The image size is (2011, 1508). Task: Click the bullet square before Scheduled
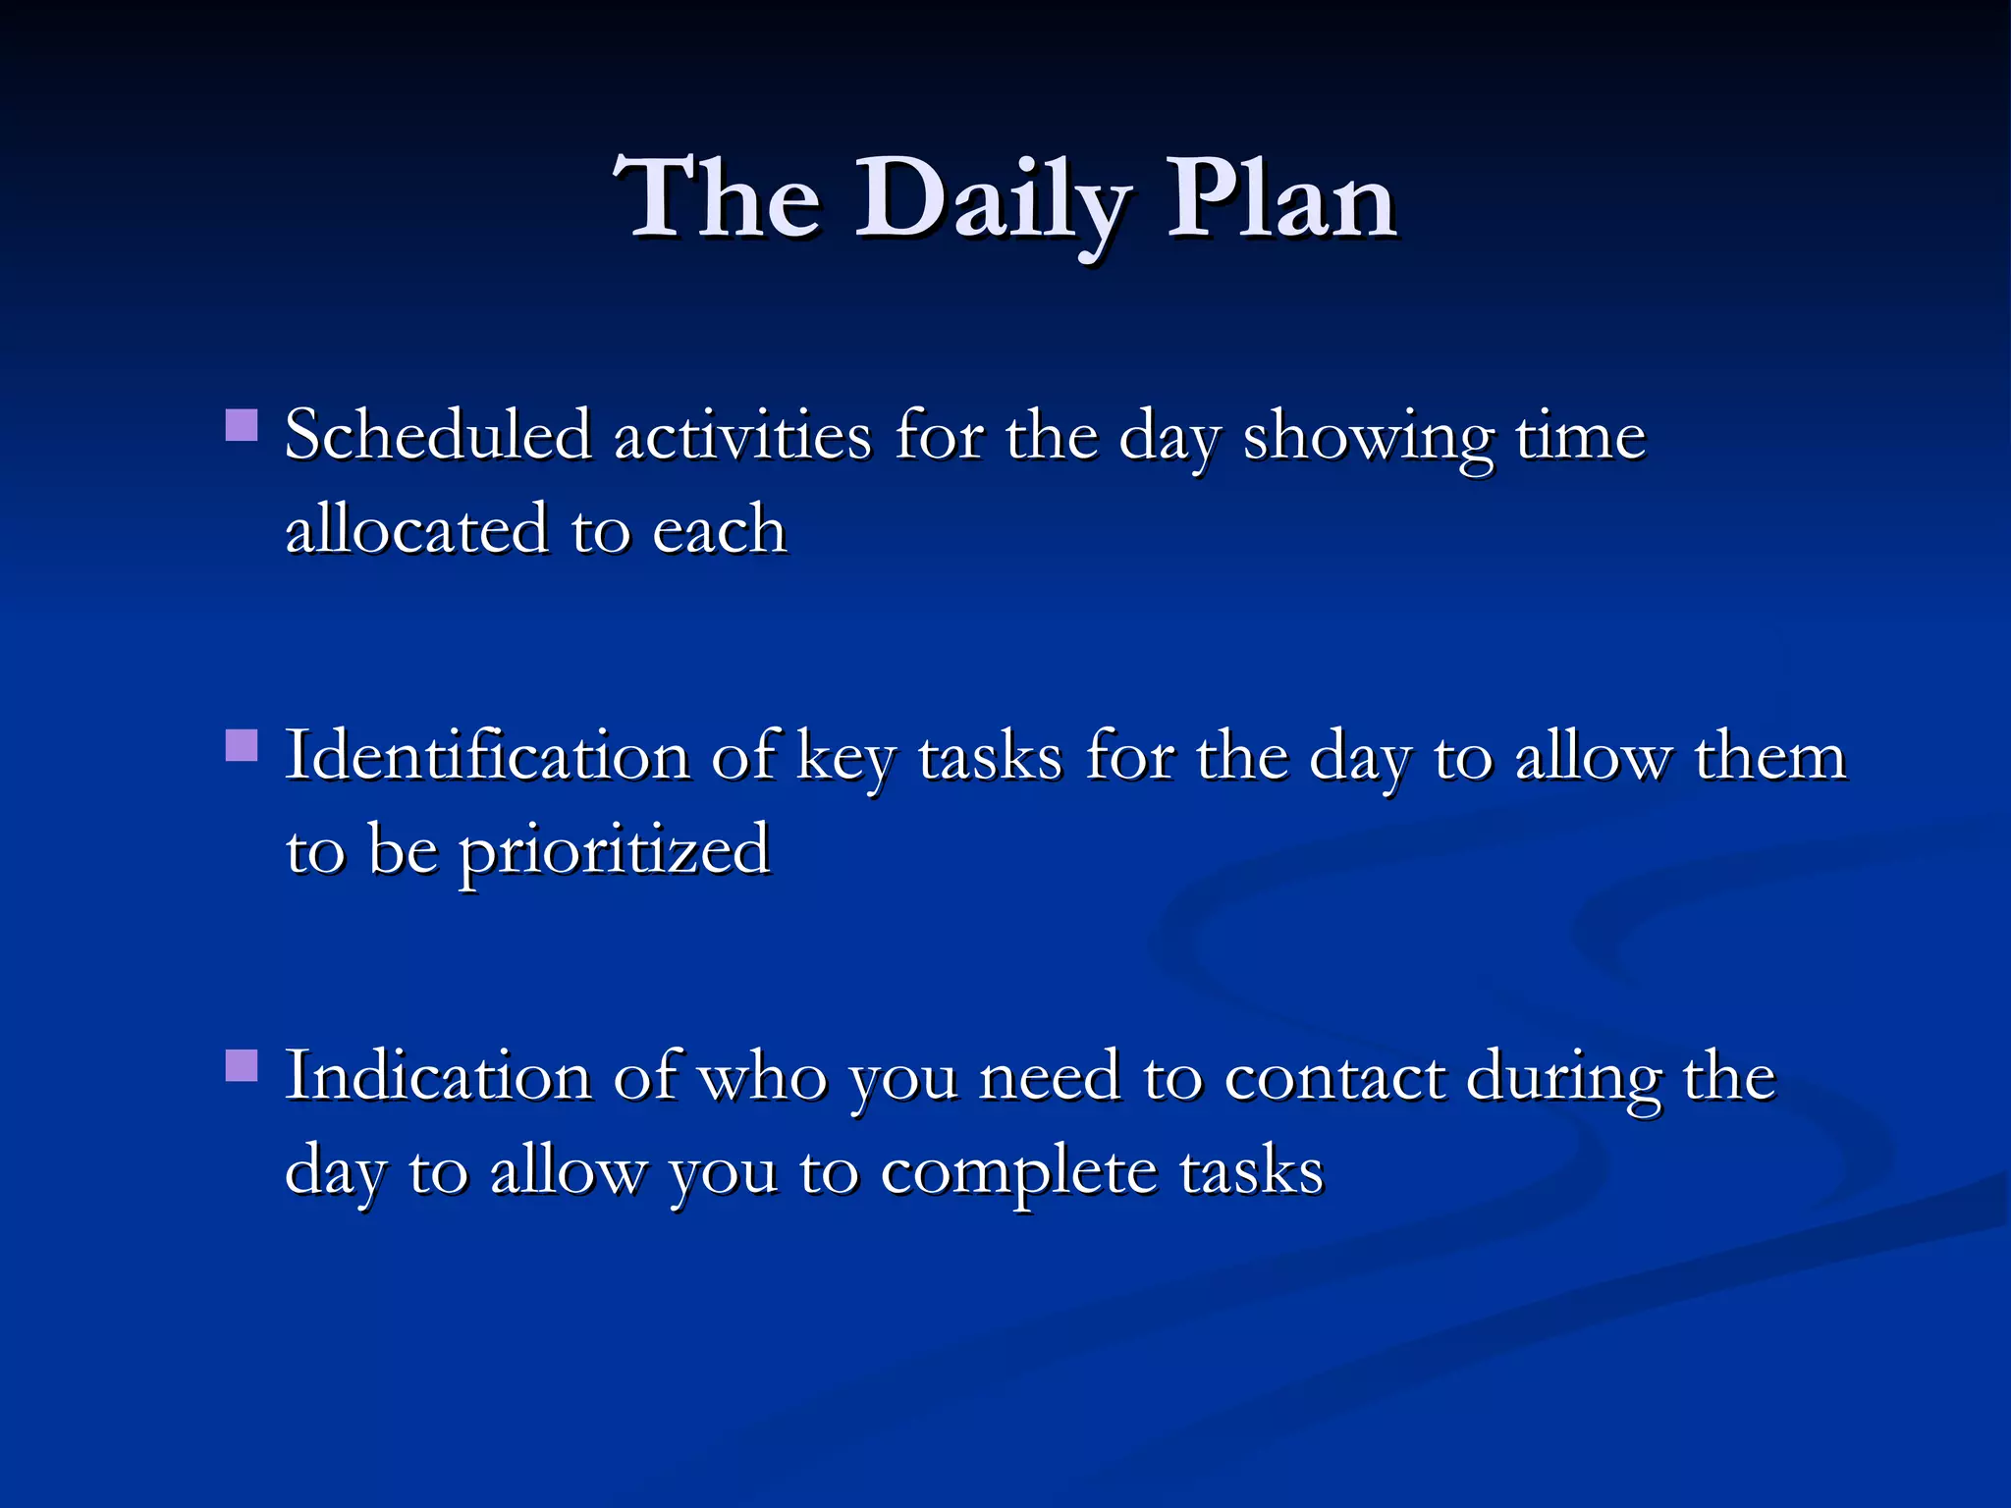click(242, 426)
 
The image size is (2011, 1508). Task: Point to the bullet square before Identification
click(242, 746)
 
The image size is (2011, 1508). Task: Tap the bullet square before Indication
click(242, 1066)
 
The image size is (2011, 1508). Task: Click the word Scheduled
click(438, 435)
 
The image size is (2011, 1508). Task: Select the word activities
click(742, 435)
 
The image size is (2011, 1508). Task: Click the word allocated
click(415, 529)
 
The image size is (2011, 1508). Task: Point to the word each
click(719, 529)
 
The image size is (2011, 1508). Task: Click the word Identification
click(487, 756)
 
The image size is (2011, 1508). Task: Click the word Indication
click(438, 1076)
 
